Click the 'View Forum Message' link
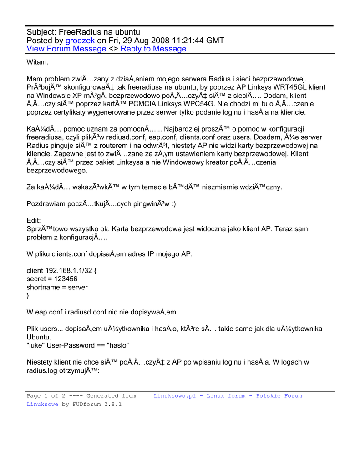[x=66, y=49]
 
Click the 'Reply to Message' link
[x=153, y=49]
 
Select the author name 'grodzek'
[x=80, y=41]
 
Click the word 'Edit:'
[x=34, y=220]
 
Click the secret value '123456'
[x=66, y=279]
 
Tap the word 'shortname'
[x=43, y=287]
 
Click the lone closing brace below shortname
[x=28, y=295]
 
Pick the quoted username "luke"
[x=36, y=345]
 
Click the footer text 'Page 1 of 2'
[x=46, y=396]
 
